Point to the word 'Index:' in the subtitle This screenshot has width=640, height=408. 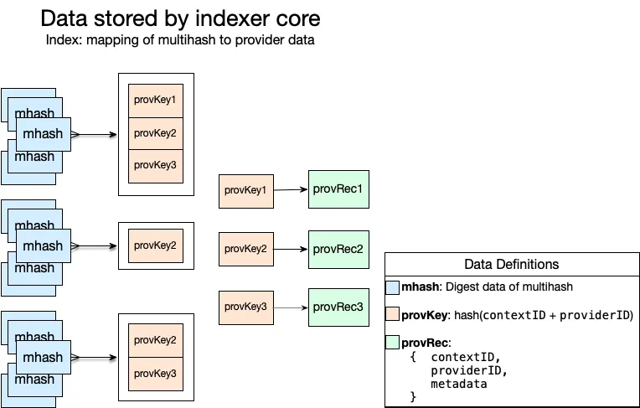click(65, 40)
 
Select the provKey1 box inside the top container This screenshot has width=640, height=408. click(155, 101)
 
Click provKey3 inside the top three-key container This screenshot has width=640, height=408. click(155, 165)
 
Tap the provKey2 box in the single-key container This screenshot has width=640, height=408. click(155, 245)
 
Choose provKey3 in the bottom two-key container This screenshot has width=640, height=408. click(155, 373)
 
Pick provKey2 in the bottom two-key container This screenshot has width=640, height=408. click(155, 340)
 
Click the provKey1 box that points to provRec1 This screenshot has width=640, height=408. click(245, 190)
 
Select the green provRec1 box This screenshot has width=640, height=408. click(338, 189)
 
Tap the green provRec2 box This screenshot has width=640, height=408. click(338, 249)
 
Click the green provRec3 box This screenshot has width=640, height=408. click(338, 307)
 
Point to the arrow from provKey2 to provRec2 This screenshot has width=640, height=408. click(291, 250)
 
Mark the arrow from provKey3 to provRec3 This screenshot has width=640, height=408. click(291, 307)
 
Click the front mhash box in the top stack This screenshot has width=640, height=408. click(43, 134)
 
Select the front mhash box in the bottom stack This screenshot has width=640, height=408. click(43, 358)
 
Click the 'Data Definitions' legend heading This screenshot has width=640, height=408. click(511, 264)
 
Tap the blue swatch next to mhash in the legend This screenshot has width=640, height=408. click(392, 287)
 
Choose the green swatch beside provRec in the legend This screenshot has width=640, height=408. click(392, 343)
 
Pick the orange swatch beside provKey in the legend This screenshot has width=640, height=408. click(392, 315)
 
